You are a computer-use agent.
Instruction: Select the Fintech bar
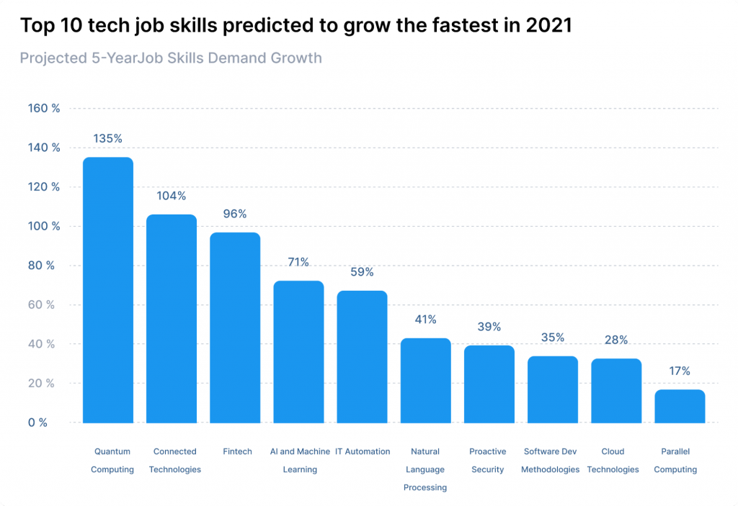click(235, 327)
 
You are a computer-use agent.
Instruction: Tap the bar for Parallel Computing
click(680, 407)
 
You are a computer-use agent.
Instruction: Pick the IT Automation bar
click(362, 357)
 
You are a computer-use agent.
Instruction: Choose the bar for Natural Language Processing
click(425, 381)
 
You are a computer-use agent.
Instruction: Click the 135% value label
click(108, 138)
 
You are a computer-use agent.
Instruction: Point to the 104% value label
click(172, 196)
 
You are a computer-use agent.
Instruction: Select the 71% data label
click(298, 262)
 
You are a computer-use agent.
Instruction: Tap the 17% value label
click(680, 371)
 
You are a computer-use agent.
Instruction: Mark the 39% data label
click(489, 327)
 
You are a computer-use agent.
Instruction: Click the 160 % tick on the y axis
click(43, 109)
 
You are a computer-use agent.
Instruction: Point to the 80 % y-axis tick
click(41, 266)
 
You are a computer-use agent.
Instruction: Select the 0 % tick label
click(38, 423)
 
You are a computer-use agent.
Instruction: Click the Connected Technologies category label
click(175, 461)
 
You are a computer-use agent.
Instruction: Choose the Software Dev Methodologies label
click(551, 461)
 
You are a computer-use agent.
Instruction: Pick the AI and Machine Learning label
click(300, 461)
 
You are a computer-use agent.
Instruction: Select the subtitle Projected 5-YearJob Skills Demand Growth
click(171, 58)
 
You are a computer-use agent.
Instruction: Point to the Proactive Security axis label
click(488, 461)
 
